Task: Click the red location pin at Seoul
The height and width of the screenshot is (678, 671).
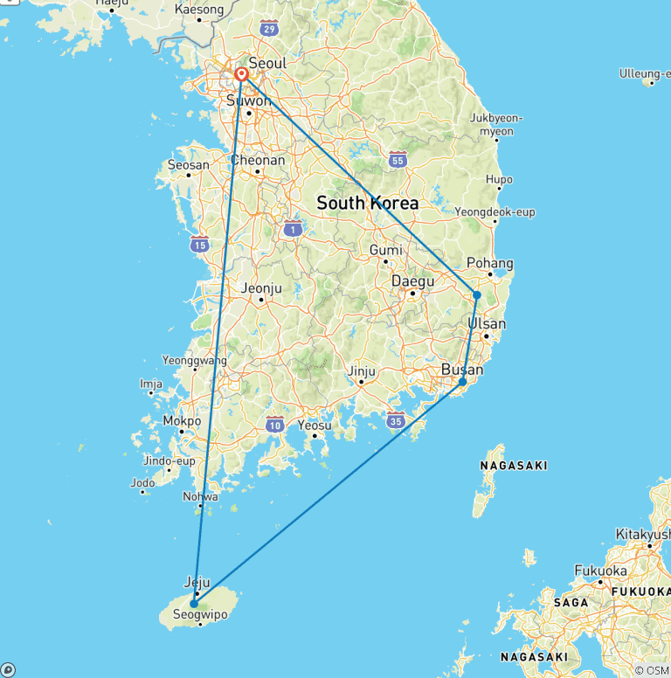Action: tap(241, 75)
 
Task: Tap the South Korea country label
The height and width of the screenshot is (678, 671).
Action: tap(367, 203)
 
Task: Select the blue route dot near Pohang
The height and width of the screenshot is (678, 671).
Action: tap(476, 295)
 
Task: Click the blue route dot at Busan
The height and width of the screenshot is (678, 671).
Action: tap(462, 382)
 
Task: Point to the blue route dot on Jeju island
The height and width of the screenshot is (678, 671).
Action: tap(194, 603)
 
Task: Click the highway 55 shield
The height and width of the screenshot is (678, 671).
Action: tap(398, 160)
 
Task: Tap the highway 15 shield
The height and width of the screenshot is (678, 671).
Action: tap(200, 244)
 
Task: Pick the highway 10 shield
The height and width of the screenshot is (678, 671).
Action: tap(275, 425)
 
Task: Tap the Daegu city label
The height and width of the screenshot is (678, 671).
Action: tap(412, 281)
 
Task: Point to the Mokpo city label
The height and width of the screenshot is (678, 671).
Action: tap(182, 420)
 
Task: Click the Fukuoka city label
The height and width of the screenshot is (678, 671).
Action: tap(600, 571)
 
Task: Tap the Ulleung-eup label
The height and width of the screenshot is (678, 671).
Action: tap(644, 73)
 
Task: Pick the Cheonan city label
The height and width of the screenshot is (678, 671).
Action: tap(258, 160)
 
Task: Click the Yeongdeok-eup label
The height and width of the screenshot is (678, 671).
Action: tap(495, 211)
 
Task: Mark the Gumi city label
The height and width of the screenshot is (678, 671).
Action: tap(386, 250)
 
